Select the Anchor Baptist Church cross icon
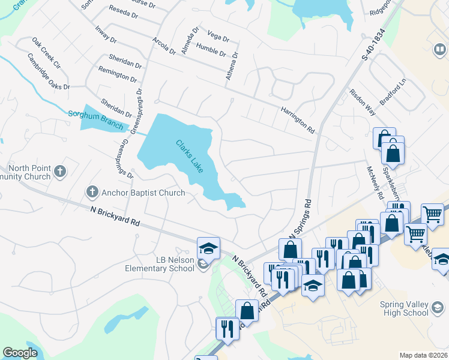point(92,192)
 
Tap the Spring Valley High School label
point(404,308)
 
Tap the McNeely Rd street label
point(374,182)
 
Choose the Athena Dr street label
point(235,62)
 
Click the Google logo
point(20,353)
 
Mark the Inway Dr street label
point(105,34)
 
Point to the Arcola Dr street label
point(164,45)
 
